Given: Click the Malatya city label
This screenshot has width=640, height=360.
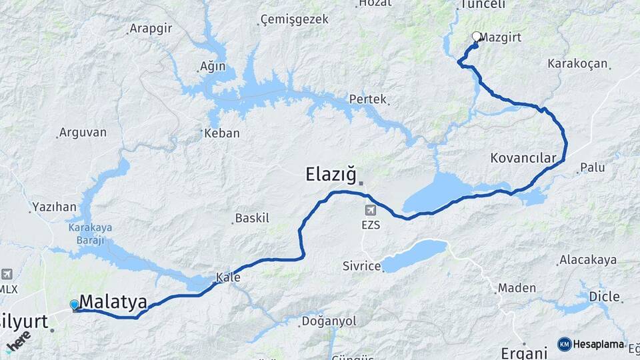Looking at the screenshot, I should coord(113,302).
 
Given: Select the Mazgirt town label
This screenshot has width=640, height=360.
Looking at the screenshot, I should coord(501,38).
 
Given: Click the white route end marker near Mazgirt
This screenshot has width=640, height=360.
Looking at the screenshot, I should coord(476,37).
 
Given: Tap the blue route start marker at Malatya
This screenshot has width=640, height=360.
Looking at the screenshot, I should coord(74,305).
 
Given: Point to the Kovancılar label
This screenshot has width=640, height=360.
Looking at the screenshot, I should coord(523,158).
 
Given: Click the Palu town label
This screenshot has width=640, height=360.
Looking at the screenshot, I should coord(592,167).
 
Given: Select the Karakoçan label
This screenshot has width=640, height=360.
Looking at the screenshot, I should coord(577,64).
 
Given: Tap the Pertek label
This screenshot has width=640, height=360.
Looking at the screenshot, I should coord(368,99).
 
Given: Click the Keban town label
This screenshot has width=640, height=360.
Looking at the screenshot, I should coord(221,133).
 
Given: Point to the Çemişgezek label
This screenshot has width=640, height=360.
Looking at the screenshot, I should coord(295,19).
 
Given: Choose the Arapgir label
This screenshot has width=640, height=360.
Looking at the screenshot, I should coord(150,29).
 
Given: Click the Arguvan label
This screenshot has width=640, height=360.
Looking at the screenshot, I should coord(83,132).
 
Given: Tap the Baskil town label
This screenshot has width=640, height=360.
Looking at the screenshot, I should coord(252,218).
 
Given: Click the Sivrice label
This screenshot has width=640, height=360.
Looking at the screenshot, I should coord(362,266).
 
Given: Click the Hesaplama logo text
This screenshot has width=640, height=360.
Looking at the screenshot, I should coord(598,345).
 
